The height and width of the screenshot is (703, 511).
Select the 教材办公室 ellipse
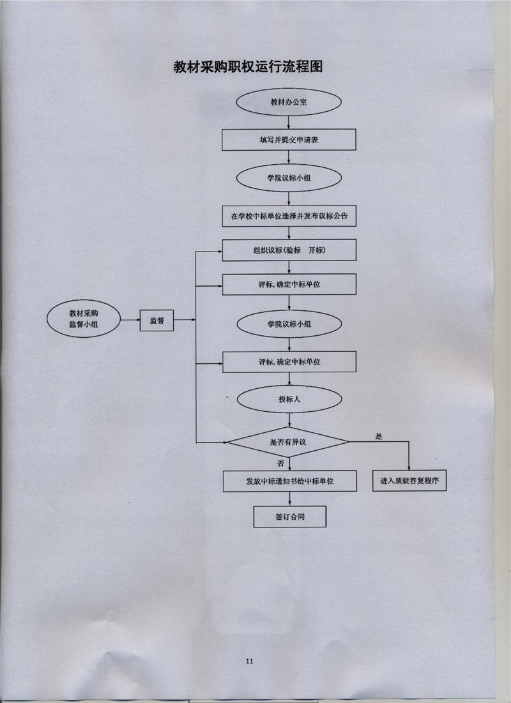pos(289,103)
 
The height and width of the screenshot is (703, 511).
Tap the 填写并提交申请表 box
pos(289,140)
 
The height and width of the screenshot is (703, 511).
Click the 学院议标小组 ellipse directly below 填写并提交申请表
pos(289,178)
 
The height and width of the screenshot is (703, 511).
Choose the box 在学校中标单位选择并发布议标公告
pos(289,216)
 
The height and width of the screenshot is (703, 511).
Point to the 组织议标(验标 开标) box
pos(289,250)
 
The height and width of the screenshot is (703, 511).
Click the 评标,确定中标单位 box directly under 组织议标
pos(289,284)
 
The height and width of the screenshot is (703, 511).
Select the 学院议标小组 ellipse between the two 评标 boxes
pos(289,324)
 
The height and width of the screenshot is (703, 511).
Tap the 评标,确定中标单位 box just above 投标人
pos(289,361)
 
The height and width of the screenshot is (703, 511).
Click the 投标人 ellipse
pos(289,400)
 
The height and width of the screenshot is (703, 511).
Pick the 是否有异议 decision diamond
pos(289,442)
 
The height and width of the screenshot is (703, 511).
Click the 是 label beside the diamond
pos(378,436)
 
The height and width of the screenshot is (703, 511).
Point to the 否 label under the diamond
pos(280,462)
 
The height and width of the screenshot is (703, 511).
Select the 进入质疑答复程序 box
pos(409,481)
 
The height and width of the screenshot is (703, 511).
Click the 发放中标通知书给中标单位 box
pos(289,481)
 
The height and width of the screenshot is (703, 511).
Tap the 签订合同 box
pos(289,517)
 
